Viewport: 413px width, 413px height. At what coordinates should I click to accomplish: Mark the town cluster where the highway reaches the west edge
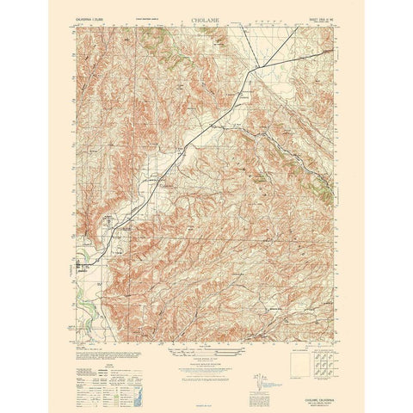[x=85, y=263]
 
